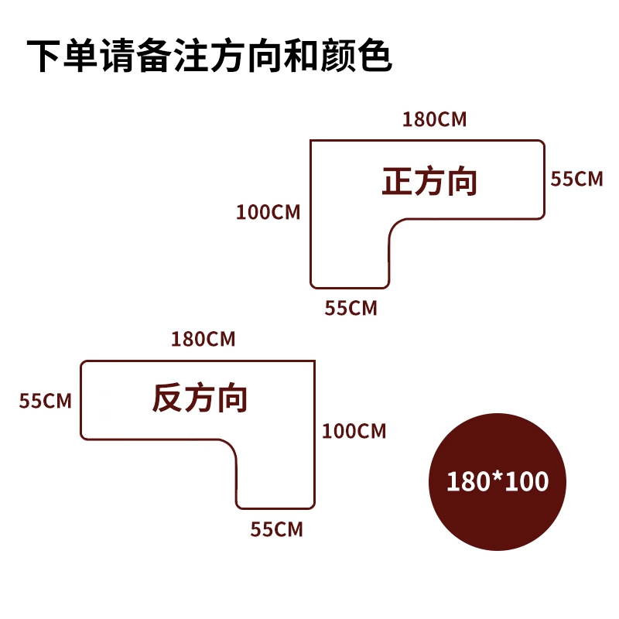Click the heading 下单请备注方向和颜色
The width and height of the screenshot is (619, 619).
pos(210,56)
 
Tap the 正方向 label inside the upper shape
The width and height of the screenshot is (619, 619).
pos(430,182)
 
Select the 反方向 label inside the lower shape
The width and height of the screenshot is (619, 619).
pos(200,399)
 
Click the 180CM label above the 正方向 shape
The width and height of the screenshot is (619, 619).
pos(434,119)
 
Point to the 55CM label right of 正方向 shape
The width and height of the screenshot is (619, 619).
pos(576,179)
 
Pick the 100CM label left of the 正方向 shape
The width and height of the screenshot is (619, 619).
pos(268,212)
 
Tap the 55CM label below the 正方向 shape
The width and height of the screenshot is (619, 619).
pos(351,308)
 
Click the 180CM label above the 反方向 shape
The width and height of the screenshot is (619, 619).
pos(203,339)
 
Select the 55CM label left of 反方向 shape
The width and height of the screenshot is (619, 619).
pos(46,401)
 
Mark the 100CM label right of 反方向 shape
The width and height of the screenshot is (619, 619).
pos(354,431)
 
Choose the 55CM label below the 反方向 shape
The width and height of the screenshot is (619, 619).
pos(276,530)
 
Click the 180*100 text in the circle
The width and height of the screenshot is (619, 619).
pos(498,481)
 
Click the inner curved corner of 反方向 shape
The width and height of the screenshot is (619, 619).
pos(230,448)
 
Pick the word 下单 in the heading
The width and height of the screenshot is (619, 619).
pos(63,56)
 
